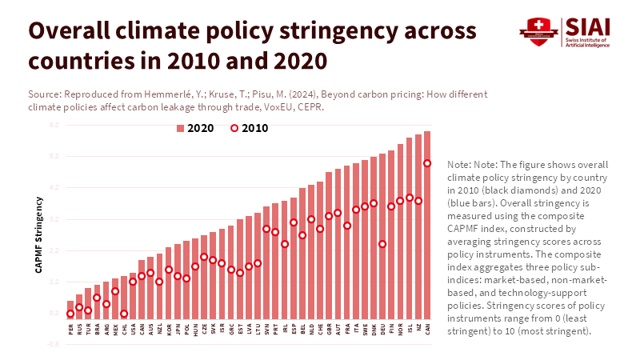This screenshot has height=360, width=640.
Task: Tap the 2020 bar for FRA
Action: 346,240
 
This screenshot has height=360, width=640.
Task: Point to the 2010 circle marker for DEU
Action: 382,244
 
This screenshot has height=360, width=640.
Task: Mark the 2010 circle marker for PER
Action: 70,314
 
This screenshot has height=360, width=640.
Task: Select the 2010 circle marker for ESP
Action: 294,222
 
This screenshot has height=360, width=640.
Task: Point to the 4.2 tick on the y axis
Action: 54,188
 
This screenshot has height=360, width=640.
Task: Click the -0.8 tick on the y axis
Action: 54,344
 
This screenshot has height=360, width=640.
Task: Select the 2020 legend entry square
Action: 180,128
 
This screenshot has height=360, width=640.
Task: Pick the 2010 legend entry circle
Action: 234,128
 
